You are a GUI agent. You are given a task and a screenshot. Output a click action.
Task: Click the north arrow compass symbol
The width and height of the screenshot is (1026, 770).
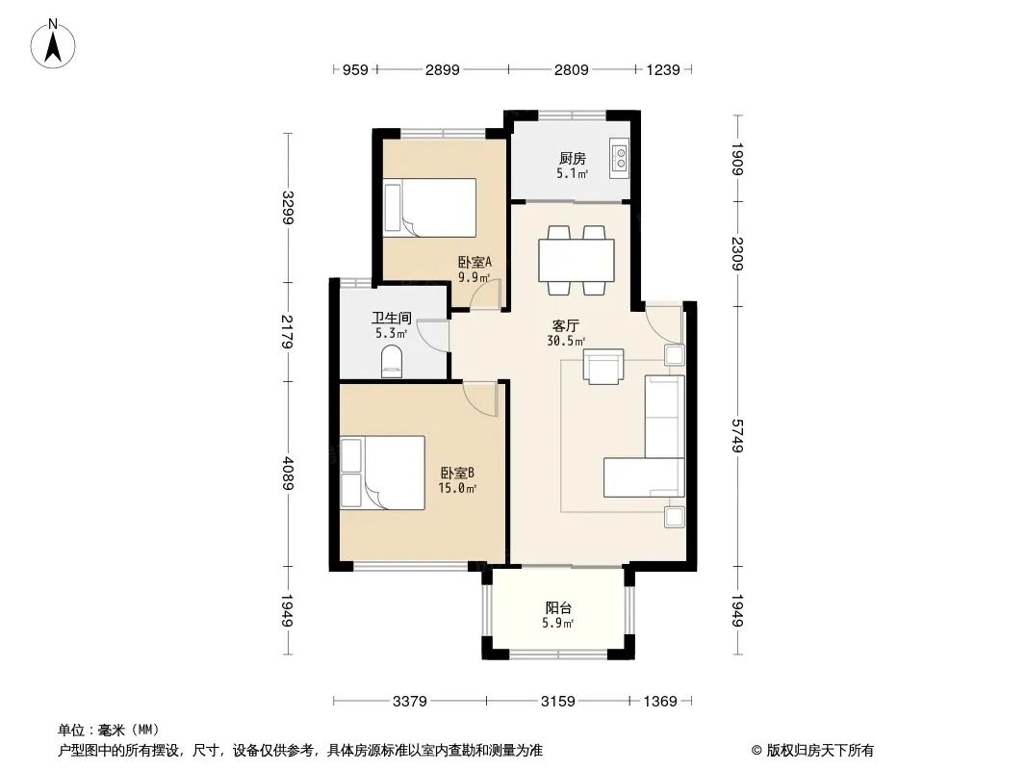pyautogui.click(x=53, y=44)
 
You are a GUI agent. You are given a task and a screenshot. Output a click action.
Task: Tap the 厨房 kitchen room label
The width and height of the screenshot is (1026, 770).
pyautogui.click(x=572, y=158)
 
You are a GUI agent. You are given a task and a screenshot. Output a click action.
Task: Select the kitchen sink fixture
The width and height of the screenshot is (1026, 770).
pyautogui.click(x=619, y=158)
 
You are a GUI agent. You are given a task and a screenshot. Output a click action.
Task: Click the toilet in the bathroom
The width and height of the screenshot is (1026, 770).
pyautogui.click(x=392, y=363)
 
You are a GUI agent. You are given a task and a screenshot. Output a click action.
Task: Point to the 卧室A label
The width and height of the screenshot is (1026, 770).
pyautogui.click(x=475, y=263)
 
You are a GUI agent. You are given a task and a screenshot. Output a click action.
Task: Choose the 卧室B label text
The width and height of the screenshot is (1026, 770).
pyautogui.click(x=457, y=473)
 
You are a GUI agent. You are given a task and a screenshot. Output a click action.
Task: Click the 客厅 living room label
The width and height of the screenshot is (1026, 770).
pyautogui.click(x=565, y=325)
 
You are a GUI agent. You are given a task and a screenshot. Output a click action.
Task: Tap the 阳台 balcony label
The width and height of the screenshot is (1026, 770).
pyautogui.click(x=558, y=607)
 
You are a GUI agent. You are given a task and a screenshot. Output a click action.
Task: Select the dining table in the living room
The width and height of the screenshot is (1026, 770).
pyautogui.click(x=577, y=260)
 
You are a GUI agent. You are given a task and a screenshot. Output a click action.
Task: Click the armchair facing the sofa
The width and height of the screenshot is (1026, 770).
pyautogui.click(x=603, y=367)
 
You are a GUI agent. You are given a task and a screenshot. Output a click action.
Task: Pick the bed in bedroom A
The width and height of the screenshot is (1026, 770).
pyautogui.click(x=430, y=207)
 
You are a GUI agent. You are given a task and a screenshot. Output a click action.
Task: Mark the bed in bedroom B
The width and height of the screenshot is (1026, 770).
pyautogui.click(x=383, y=473)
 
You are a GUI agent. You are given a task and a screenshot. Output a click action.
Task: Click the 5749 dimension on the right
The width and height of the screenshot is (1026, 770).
pyautogui.click(x=737, y=435)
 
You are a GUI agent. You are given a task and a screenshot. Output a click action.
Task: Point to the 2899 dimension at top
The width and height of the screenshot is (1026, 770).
pyautogui.click(x=443, y=69)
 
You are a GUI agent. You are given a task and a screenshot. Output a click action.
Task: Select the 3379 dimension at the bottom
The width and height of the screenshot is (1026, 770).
pyautogui.click(x=410, y=702)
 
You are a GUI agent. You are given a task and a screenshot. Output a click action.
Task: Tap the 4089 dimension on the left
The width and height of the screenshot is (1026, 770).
pyautogui.click(x=288, y=474)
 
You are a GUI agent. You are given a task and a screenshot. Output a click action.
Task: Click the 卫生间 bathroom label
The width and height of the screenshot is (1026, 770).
pyautogui.click(x=392, y=319)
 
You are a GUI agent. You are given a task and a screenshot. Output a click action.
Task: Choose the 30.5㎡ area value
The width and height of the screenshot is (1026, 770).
pyautogui.click(x=566, y=341)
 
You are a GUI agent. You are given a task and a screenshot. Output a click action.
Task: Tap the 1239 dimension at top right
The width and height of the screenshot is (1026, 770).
pyautogui.click(x=663, y=69)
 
